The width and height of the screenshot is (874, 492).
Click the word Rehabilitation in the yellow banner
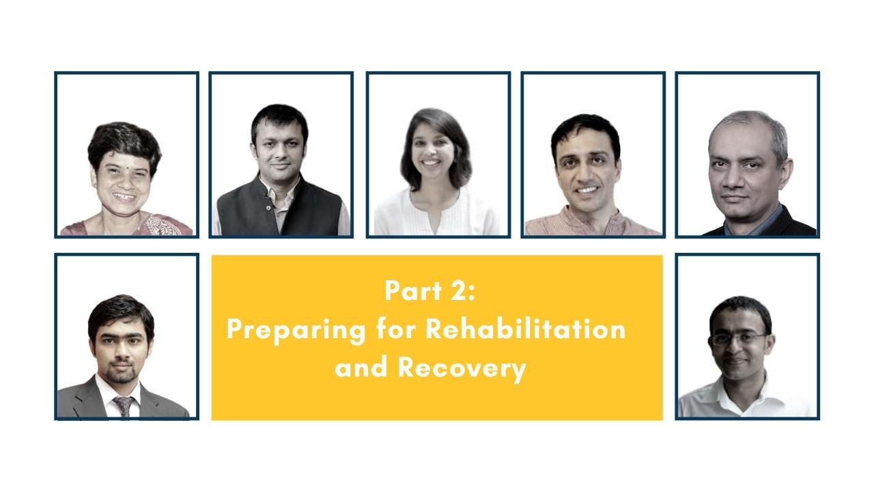526,329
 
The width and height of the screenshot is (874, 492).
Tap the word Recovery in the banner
462,368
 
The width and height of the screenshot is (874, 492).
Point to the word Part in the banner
413,290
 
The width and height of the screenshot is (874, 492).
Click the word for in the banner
395,329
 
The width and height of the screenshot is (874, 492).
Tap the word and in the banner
361,368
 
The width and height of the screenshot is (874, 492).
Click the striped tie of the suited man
124,406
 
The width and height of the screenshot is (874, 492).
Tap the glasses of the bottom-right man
737,338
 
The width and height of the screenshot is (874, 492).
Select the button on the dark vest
268,208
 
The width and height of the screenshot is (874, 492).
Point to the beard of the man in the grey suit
122,373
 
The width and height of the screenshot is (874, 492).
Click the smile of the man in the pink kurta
587,190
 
